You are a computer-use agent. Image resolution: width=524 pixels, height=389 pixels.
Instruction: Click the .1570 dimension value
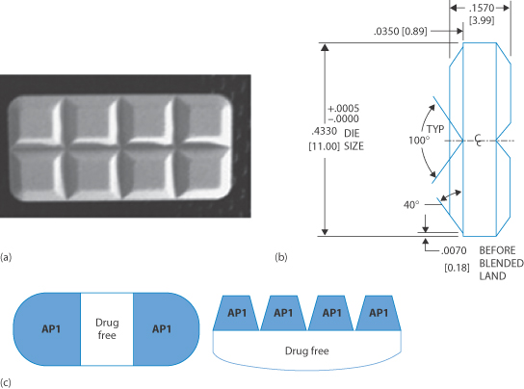482,8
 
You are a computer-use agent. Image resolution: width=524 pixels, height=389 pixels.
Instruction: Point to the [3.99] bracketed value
482,20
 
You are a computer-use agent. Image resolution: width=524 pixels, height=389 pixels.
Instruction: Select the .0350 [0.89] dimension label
400,32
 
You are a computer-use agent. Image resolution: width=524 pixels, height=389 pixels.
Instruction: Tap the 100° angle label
419,141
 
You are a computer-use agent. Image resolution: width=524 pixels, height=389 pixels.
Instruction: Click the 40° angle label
411,204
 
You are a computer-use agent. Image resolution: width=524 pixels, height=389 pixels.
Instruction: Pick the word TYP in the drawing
435,129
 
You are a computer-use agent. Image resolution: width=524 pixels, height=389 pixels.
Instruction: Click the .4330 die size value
324,131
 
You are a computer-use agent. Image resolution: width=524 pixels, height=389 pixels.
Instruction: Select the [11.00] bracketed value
324,146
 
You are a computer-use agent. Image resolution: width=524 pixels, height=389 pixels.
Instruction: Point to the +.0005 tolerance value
343,109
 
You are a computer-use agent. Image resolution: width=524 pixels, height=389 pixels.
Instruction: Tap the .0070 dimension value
454,250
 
